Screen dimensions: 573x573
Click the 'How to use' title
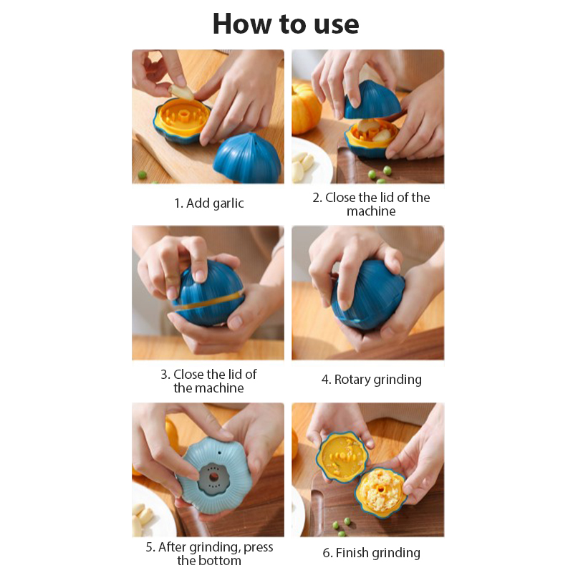coord(286,24)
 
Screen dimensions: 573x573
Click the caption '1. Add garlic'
coord(209,203)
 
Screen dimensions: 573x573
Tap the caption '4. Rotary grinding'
coord(372,380)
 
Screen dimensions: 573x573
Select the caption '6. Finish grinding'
coord(371,553)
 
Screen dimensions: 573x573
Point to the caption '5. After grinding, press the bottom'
coord(209,554)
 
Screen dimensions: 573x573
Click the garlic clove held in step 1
coord(182,92)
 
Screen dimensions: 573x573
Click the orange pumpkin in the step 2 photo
coord(306,108)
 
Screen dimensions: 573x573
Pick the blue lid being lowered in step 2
coord(372,100)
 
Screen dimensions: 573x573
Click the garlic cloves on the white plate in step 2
coord(303,166)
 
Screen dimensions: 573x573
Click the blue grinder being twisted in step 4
coord(367,295)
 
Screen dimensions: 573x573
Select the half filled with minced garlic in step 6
coord(380,492)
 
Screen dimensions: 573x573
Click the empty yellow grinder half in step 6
coord(342,457)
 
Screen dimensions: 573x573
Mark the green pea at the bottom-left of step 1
coord(142,175)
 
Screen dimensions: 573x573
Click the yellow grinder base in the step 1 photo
coord(183,119)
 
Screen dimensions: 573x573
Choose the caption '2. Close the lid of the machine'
coord(371,204)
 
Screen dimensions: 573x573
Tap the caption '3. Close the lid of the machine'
coord(208,381)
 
